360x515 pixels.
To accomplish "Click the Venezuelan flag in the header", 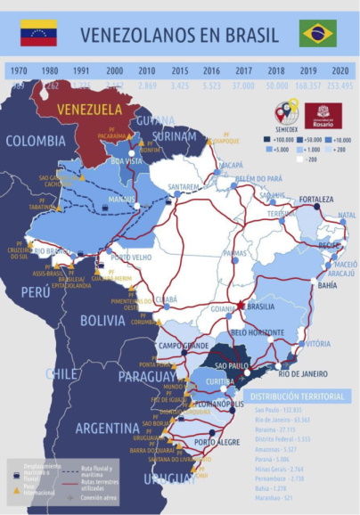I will point(38,33).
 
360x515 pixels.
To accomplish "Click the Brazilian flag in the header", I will point(317,33).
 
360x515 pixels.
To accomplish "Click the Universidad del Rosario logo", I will point(323,116).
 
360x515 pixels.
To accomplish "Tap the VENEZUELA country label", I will point(89,109).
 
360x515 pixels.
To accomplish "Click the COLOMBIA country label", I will point(36,141).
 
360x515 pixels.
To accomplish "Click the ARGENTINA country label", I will point(107,429).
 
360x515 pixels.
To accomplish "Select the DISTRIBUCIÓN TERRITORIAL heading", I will point(295,396).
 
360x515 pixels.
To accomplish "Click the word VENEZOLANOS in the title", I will point(134,35).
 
